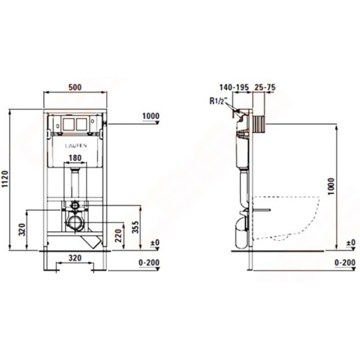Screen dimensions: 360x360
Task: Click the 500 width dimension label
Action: click(x=75, y=87)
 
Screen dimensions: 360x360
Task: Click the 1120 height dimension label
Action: click(x=5, y=179)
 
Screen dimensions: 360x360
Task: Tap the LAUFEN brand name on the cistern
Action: click(x=76, y=145)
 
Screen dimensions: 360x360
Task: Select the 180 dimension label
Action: click(x=75, y=158)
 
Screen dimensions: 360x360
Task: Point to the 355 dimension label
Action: click(x=136, y=227)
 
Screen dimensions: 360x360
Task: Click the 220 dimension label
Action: click(x=118, y=235)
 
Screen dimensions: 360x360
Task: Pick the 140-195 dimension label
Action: click(x=234, y=87)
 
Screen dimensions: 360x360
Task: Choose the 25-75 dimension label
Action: click(x=265, y=87)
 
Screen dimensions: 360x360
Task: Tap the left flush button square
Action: click(x=68, y=124)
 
